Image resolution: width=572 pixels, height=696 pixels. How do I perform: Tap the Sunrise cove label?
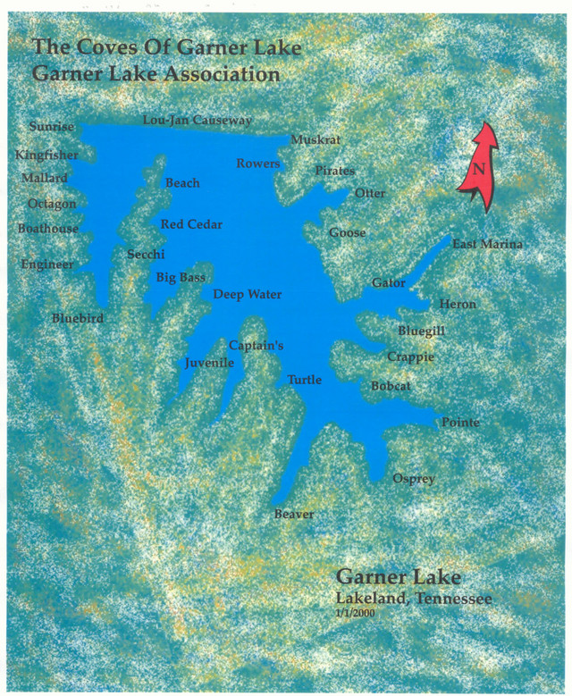(x=51, y=127)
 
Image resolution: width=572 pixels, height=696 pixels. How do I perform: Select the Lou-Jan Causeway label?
(x=198, y=120)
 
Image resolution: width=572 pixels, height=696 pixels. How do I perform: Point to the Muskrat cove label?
(x=315, y=140)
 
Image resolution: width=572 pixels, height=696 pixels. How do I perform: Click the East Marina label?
(x=487, y=245)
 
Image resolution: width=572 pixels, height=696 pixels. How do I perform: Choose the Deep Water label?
(x=247, y=295)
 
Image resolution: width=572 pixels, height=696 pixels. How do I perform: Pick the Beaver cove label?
(x=293, y=515)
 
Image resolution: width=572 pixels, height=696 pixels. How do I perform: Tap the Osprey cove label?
(x=414, y=480)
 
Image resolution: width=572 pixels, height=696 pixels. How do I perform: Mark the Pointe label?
(x=460, y=423)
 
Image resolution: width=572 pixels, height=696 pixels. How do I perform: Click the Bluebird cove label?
(x=78, y=318)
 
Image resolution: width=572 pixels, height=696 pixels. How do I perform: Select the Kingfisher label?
(x=47, y=155)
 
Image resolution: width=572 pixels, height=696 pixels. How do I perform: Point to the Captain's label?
(x=256, y=345)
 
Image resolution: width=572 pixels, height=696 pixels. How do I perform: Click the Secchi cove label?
(x=146, y=255)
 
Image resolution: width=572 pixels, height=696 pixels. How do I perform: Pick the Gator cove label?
(x=389, y=283)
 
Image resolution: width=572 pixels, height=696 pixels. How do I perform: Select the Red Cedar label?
(x=191, y=224)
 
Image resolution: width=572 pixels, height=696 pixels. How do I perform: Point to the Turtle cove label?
(x=304, y=381)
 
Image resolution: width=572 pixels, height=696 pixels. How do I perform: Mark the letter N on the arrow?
(x=479, y=170)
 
